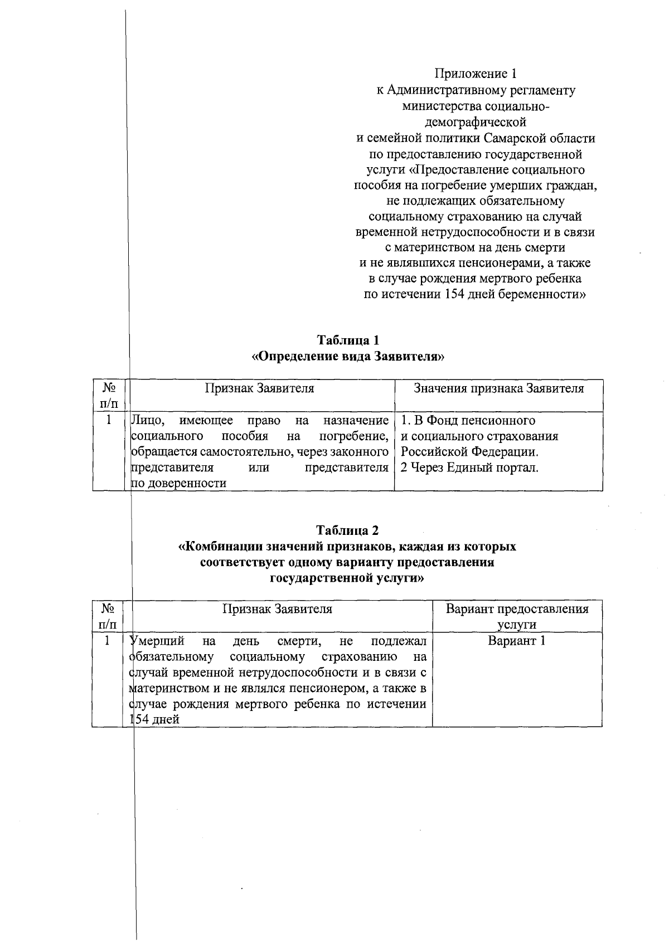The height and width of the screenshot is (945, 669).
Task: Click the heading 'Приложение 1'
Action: [476, 74]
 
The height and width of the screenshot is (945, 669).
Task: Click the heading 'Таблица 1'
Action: [348, 340]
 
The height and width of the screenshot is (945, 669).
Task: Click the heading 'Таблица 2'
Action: [348, 529]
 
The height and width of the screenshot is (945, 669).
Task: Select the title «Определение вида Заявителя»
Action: [348, 356]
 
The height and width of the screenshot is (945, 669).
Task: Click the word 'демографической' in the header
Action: [476, 121]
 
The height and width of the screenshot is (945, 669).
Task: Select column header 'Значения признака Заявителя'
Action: [498, 388]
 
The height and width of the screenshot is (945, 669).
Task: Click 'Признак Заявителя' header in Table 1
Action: [259, 388]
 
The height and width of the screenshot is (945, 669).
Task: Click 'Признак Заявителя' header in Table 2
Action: [277, 609]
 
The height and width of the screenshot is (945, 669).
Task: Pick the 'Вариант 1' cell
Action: [516, 641]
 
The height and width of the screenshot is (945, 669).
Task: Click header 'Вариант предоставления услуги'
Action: [517, 616]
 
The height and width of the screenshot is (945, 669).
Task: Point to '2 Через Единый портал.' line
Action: [469, 467]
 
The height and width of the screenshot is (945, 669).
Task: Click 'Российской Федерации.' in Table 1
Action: [469, 452]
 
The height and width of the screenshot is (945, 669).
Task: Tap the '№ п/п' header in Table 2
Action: [108, 616]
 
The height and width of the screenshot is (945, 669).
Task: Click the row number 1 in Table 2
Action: [108, 641]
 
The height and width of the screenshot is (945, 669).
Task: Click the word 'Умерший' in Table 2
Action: [157, 641]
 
